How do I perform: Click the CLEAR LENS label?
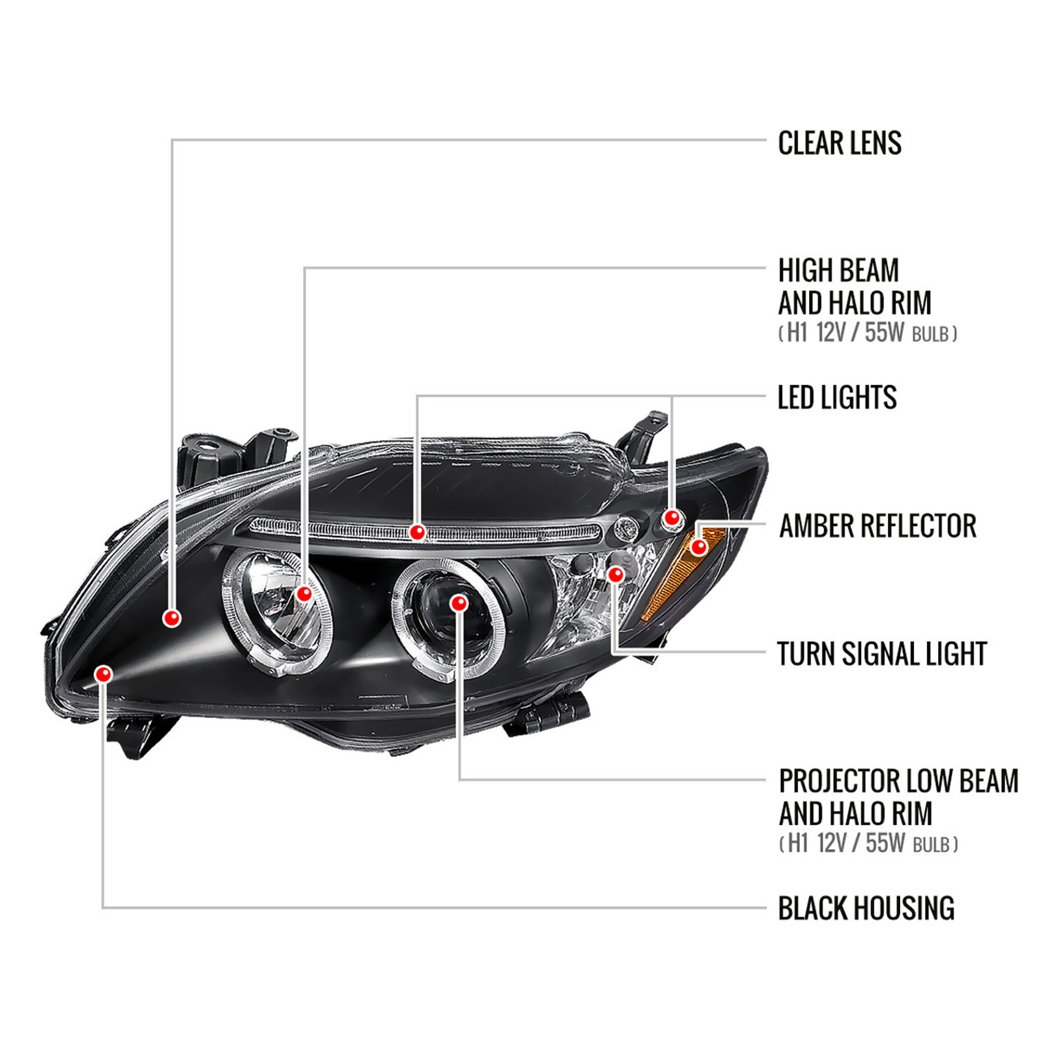pyautogui.click(x=839, y=142)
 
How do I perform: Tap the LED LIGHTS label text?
pyautogui.click(x=837, y=397)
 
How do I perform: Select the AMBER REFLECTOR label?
pyautogui.click(x=877, y=526)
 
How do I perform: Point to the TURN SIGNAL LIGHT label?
pyautogui.click(x=882, y=654)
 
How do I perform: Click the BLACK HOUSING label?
pyautogui.click(x=866, y=908)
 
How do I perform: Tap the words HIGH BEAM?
pyautogui.click(x=839, y=270)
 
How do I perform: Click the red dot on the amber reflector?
pyautogui.click(x=698, y=547)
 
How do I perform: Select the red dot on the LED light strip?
pyautogui.click(x=418, y=532)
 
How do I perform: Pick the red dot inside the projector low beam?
pyautogui.click(x=458, y=603)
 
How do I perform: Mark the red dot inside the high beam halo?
pyautogui.click(x=304, y=594)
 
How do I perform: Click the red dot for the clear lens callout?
pyautogui.click(x=171, y=618)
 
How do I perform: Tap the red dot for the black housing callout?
pyautogui.click(x=104, y=674)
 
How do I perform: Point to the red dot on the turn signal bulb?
pyautogui.click(x=616, y=574)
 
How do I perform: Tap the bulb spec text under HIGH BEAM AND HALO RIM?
pyautogui.click(x=868, y=333)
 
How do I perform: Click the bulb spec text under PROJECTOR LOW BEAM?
pyautogui.click(x=868, y=843)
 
